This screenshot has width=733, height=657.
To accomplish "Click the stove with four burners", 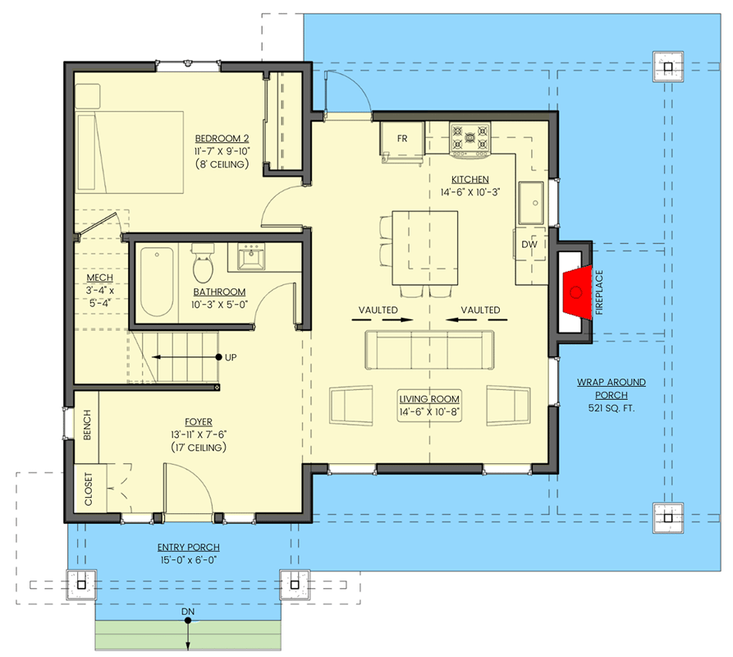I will tap(470, 137).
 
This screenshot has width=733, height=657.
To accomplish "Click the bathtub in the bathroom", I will tap(156, 281).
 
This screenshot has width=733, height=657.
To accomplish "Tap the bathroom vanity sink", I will tap(250, 257).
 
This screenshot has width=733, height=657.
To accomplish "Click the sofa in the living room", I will tap(428, 351).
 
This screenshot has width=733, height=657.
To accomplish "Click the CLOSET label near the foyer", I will tap(88, 489).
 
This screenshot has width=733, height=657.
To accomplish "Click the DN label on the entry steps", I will tap(187, 611).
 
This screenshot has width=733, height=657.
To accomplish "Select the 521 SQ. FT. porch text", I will tap(611, 408).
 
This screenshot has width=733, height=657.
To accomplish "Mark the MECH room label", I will tap(98, 278).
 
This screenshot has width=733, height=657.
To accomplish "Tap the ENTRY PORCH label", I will tap(188, 547).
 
